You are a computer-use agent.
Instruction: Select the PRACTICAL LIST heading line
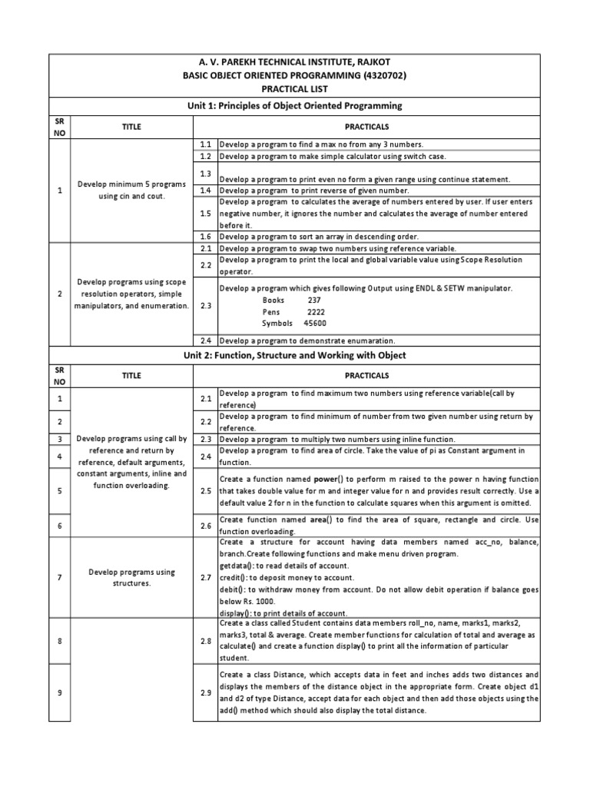point(295,89)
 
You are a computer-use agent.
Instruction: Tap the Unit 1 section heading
point(295,105)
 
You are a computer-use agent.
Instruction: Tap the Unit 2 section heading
point(295,356)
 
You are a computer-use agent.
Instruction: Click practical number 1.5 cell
point(205,214)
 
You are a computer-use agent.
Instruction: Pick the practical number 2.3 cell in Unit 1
point(205,305)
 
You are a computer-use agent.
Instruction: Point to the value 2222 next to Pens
point(316,312)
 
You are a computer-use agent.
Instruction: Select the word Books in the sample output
point(273,301)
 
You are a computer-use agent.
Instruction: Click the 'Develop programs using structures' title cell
point(131,577)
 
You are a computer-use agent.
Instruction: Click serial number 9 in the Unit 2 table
point(59,692)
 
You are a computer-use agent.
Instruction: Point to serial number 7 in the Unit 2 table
point(59,577)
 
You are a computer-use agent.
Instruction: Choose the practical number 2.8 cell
point(205,641)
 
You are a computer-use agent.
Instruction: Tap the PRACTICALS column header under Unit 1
point(367,126)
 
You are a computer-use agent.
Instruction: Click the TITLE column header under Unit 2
point(131,376)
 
